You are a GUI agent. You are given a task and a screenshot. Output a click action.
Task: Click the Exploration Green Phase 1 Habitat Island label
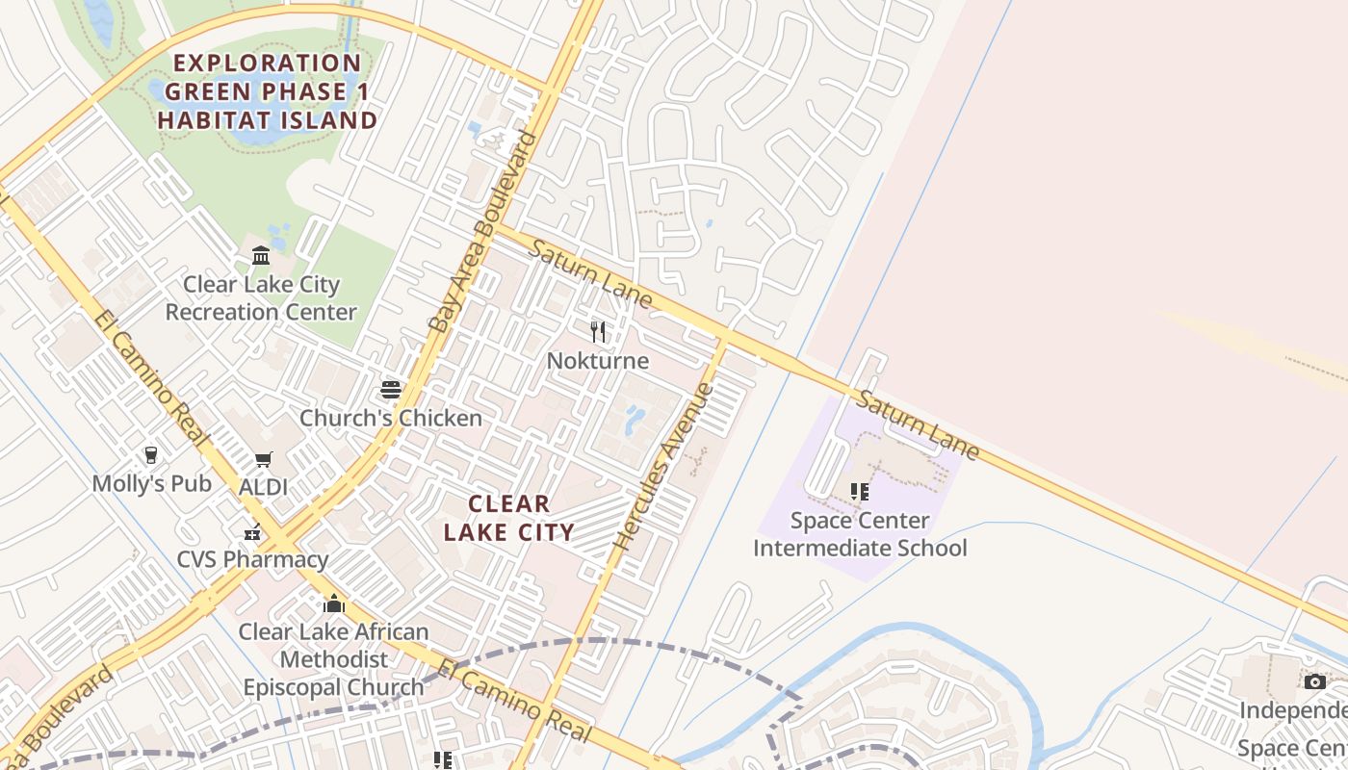tap(267, 92)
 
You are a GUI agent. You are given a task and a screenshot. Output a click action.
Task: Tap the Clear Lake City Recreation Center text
tap(261, 298)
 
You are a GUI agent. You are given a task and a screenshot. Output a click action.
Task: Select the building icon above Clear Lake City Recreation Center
tap(261, 255)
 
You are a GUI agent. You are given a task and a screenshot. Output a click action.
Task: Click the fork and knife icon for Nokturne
tap(598, 332)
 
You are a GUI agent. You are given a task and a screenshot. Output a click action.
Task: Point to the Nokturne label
tap(598, 361)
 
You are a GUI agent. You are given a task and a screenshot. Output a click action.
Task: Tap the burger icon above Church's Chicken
tap(390, 389)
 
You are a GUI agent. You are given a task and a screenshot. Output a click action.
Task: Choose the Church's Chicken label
tap(390, 418)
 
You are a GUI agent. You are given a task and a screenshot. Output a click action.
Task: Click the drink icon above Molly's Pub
tap(151, 454)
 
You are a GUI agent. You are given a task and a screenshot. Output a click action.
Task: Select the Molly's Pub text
tap(151, 483)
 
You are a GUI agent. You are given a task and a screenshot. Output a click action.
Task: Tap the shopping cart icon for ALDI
tap(263, 460)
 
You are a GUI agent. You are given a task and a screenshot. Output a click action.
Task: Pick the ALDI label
tap(263, 487)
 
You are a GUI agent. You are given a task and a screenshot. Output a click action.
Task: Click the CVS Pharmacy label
tap(252, 559)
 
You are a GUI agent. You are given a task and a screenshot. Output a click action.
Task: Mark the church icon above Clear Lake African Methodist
tap(334, 603)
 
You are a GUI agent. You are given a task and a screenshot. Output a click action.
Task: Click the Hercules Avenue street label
tap(663, 467)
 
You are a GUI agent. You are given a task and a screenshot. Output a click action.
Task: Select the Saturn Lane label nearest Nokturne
tap(590, 274)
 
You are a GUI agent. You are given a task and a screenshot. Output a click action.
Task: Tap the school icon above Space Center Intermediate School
tap(860, 492)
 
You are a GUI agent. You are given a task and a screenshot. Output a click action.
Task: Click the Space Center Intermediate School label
tap(860, 534)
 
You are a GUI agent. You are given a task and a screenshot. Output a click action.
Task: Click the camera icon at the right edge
tap(1314, 681)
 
